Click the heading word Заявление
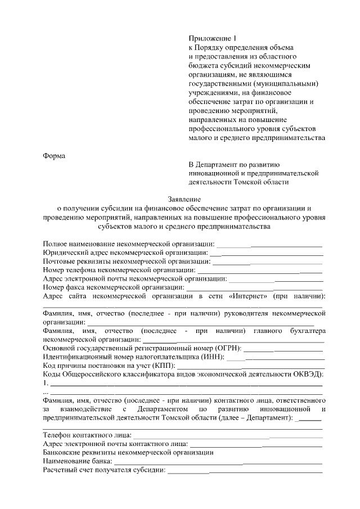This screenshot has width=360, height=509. (x=184, y=199)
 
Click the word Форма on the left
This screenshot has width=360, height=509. (x=55, y=156)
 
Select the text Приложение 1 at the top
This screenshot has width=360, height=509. (x=211, y=38)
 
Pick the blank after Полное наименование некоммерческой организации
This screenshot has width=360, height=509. (x=269, y=244)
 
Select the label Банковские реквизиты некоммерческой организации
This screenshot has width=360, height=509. (x=128, y=452)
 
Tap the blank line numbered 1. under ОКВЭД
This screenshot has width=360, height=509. (x=186, y=384)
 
